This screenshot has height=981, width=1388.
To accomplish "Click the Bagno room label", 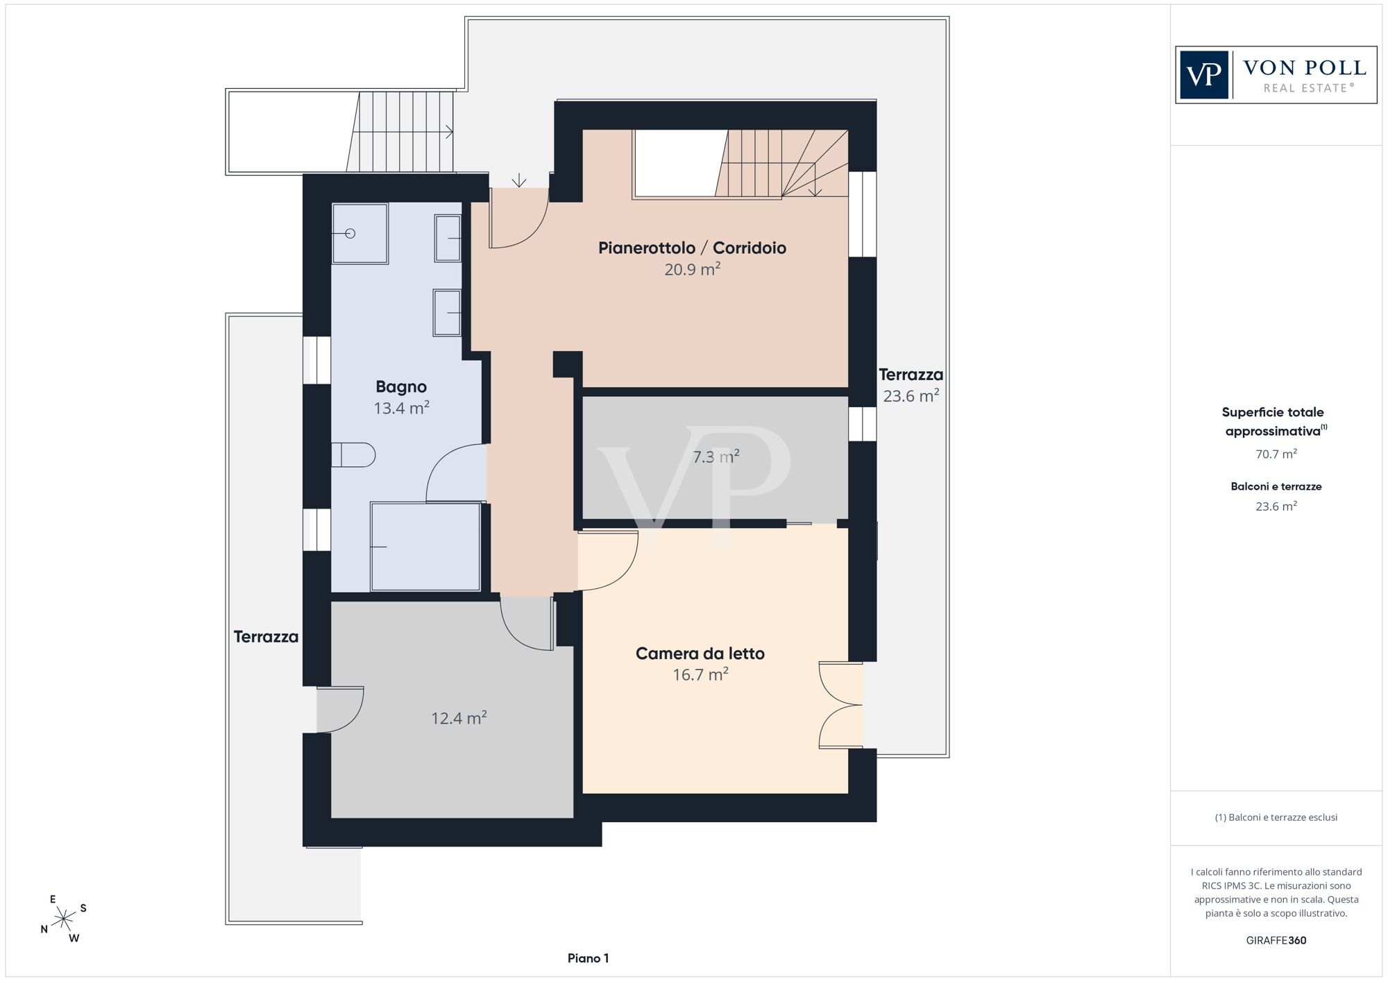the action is click(x=401, y=386).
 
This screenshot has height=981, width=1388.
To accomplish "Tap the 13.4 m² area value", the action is click(x=402, y=408).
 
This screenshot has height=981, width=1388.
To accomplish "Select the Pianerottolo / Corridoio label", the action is click(x=693, y=248).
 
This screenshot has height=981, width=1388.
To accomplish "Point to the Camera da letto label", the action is click(x=700, y=654).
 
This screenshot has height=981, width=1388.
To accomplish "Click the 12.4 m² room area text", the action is click(x=459, y=718).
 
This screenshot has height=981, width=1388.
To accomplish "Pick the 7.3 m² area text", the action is click(x=716, y=457).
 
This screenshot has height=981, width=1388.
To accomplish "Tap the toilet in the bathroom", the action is click(x=353, y=455).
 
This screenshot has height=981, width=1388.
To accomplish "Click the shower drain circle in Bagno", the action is click(x=350, y=234).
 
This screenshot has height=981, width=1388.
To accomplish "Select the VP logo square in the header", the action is click(x=1204, y=75).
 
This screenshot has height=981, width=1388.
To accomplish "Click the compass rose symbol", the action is click(x=64, y=920).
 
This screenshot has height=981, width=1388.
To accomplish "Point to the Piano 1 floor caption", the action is click(x=588, y=959).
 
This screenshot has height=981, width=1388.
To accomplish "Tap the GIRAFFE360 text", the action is click(x=1276, y=941).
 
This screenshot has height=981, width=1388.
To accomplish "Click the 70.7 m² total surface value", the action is click(x=1276, y=454).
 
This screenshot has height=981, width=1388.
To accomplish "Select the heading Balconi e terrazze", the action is click(x=1276, y=487).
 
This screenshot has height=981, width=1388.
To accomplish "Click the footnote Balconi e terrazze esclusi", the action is click(x=1276, y=817).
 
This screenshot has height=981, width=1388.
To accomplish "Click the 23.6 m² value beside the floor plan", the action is click(x=911, y=396).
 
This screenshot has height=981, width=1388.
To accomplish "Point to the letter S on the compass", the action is click(x=83, y=908).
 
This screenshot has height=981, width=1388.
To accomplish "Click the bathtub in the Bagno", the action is click(x=425, y=547).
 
